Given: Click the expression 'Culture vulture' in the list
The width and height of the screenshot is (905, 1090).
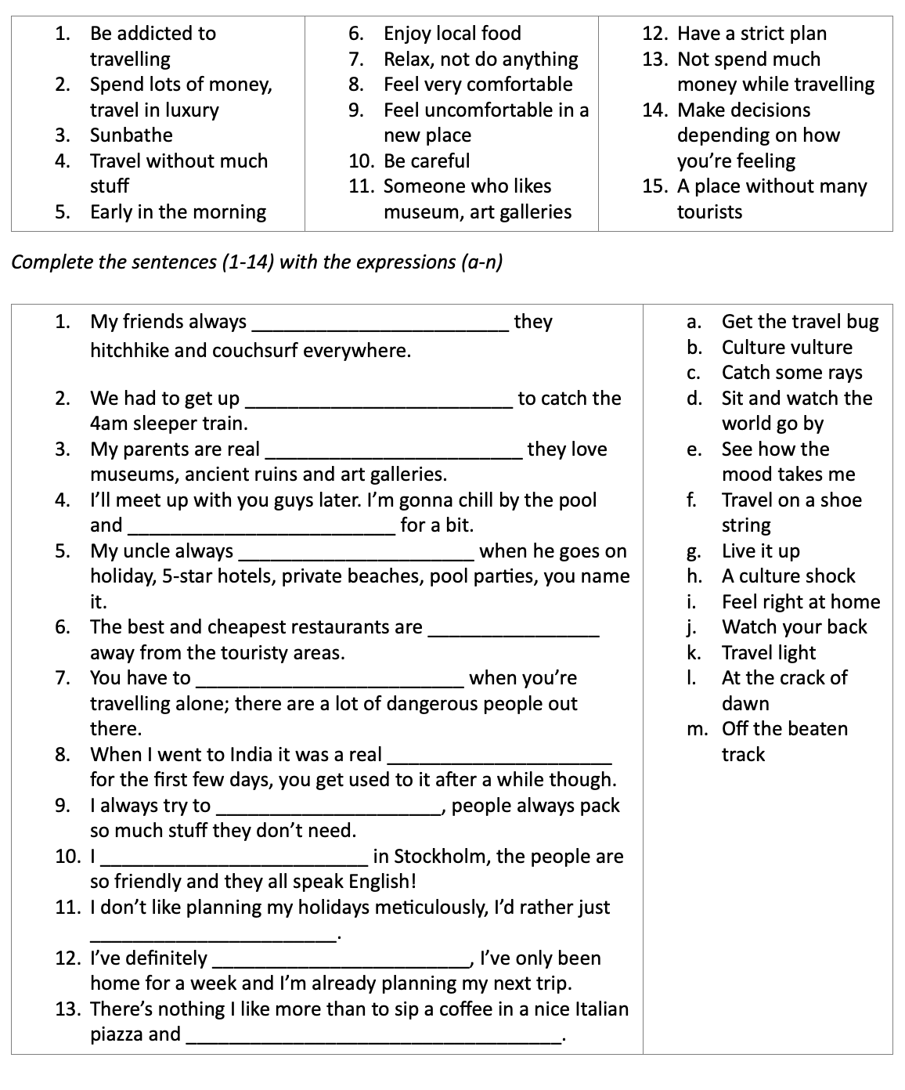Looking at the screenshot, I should (786, 347).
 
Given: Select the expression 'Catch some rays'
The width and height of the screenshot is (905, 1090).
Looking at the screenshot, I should (791, 373).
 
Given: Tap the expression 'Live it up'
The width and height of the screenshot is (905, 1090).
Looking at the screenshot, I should (760, 551).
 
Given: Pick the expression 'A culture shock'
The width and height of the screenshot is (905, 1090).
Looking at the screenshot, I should (788, 576).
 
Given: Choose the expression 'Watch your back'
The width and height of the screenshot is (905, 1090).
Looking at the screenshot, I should (794, 627).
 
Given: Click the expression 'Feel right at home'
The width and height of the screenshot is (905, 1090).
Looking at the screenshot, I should (800, 602).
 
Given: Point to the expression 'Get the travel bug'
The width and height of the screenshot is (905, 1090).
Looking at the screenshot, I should (799, 322).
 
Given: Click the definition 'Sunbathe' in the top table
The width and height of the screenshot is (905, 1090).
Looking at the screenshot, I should (131, 135).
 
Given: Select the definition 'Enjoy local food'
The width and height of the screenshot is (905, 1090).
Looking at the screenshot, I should (452, 34).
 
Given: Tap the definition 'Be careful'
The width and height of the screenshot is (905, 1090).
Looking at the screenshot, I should (427, 161).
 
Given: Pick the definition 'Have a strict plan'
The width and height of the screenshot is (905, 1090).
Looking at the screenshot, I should (751, 34).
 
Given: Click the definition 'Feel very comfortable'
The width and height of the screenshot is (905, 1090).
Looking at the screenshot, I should (478, 85).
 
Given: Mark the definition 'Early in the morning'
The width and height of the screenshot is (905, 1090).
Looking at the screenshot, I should (178, 212).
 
